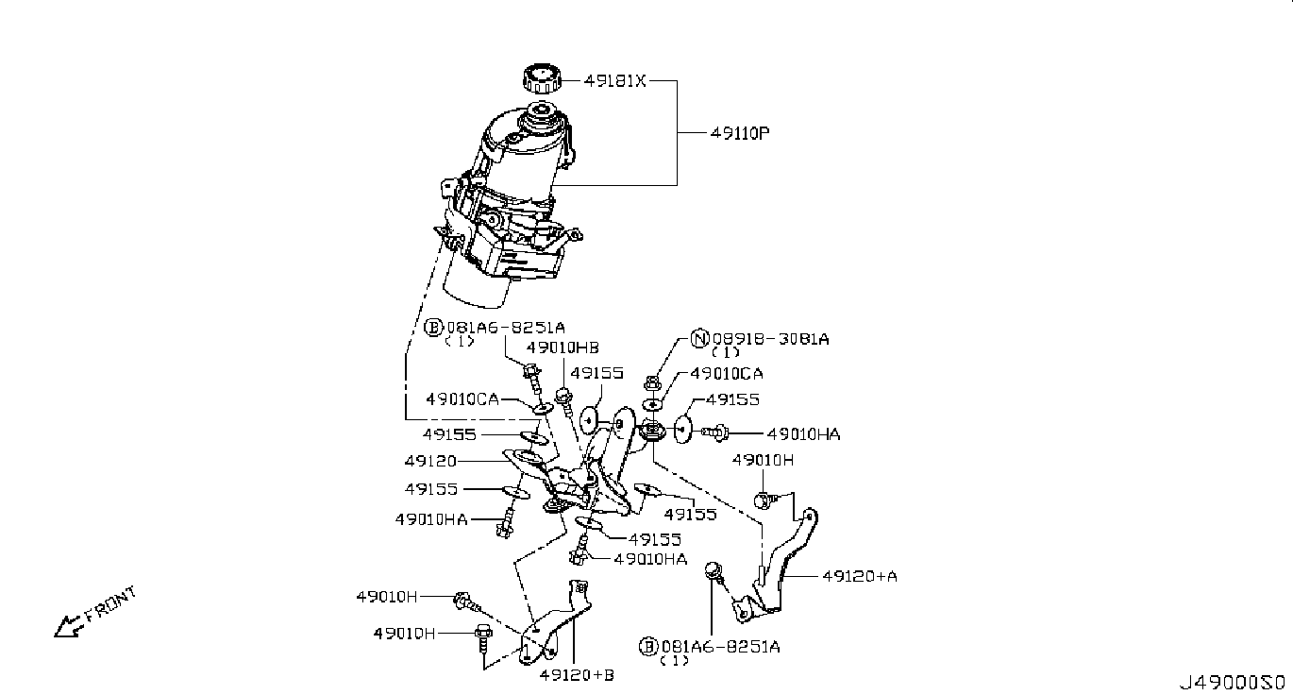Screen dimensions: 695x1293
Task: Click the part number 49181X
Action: click(614, 81)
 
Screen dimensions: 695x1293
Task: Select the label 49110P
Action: click(740, 133)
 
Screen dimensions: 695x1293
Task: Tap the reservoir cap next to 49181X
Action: click(541, 77)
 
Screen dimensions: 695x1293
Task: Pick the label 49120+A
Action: click(859, 574)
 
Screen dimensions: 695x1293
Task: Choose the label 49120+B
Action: click(577, 674)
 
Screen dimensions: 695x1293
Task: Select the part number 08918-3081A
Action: click(770, 339)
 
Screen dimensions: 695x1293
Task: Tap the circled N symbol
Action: click(700, 339)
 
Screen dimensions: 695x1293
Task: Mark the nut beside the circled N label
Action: click(652, 383)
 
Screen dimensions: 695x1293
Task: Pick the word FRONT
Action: click(110, 604)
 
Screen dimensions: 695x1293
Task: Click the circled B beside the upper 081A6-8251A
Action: click(433, 328)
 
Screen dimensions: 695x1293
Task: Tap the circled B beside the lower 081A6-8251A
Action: click(648, 647)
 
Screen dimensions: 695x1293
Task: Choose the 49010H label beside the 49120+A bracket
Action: click(764, 460)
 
